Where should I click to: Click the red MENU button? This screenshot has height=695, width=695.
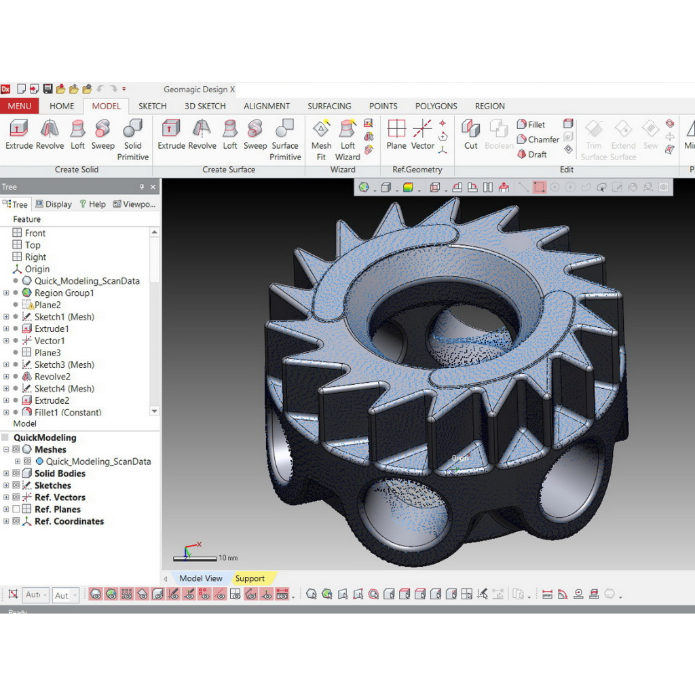(x=19, y=106)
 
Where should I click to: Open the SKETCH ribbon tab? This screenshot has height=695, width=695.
(x=152, y=106)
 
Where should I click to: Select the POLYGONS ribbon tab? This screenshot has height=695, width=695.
(x=436, y=106)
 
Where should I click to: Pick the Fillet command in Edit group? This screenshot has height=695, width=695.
(x=531, y=124)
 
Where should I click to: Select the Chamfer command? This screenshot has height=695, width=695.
(x=538, y=139)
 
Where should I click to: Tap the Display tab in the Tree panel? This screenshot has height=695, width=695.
(x=54, y=204)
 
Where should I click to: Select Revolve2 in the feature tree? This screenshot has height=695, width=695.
(x=52, y=377)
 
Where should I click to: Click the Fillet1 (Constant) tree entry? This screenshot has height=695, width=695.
(x=67, y=413)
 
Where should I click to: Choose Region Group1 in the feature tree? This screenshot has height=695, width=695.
(x=64, y=293)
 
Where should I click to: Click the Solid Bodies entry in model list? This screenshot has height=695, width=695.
(x=60, y=474)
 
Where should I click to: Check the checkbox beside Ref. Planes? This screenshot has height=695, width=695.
(x=16, y=509)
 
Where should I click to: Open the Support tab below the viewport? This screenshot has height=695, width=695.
(x=250, y=578)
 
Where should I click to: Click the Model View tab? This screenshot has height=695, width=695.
(x=200, y=578)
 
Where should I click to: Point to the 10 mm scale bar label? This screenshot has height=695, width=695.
(x=228, y=558)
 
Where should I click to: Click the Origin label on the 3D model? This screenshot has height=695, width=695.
(x=460, y=458)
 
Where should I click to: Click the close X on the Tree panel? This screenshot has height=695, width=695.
(x=153, y=187)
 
